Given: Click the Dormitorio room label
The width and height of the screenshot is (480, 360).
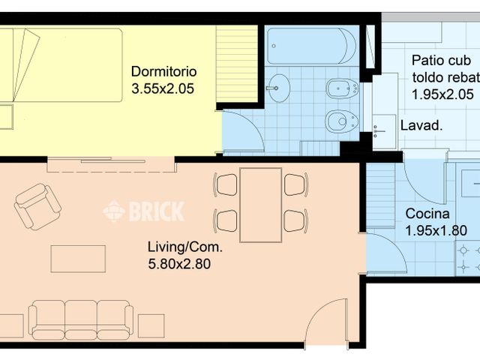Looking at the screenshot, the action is point(163,72).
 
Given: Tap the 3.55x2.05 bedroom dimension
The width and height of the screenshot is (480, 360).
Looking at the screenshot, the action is point(163,88).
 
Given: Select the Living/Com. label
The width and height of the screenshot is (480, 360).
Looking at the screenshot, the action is point(185,247).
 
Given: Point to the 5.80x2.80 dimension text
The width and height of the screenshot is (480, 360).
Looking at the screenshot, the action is point(179,264).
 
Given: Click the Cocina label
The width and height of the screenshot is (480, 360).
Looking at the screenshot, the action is point(427,214).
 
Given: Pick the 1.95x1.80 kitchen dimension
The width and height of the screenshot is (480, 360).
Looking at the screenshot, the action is point(436,230).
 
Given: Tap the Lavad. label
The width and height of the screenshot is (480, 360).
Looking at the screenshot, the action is point(421,125).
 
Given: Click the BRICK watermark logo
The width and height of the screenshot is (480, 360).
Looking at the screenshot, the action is point(143,211).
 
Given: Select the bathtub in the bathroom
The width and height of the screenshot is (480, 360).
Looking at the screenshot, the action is point(312,46).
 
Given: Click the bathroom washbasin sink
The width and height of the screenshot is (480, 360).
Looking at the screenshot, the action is point(279,88).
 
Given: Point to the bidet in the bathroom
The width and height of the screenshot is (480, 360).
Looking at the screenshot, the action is point(342,88).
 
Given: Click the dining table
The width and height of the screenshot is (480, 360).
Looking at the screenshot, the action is point(260,205).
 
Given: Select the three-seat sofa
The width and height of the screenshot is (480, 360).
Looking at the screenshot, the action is point(81,320).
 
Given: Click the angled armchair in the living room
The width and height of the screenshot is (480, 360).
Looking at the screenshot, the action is point(37,207).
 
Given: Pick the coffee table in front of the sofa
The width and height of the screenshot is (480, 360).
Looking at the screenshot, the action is point(78,259).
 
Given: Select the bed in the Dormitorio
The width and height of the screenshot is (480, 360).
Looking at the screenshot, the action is point(61,65).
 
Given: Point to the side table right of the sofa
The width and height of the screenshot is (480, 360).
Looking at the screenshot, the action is point(151,326).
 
